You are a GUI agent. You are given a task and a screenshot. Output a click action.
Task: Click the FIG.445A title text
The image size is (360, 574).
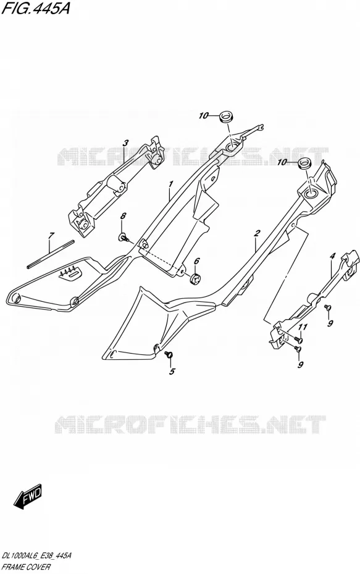(35, 8)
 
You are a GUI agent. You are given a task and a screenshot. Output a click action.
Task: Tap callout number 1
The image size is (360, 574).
(170, 184)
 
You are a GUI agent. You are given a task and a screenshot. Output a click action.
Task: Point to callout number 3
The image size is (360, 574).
(125, 143)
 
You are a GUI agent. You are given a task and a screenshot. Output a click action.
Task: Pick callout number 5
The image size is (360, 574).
(172, 372)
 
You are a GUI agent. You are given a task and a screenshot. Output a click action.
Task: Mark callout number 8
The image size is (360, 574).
(123, 216)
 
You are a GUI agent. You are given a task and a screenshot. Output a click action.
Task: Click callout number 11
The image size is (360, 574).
(303, 327)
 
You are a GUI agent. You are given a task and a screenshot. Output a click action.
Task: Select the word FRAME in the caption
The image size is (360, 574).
(14, 567)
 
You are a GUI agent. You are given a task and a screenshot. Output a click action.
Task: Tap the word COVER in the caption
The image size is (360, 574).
(39, 567)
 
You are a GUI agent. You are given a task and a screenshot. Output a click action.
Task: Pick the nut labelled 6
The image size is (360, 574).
(196, 278)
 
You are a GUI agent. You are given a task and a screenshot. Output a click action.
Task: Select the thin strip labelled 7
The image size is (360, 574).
(51, 254)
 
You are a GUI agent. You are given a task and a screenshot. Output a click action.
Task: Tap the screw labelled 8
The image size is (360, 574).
(123, 238)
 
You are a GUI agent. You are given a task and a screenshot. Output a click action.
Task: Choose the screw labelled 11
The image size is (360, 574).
(298, 339)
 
